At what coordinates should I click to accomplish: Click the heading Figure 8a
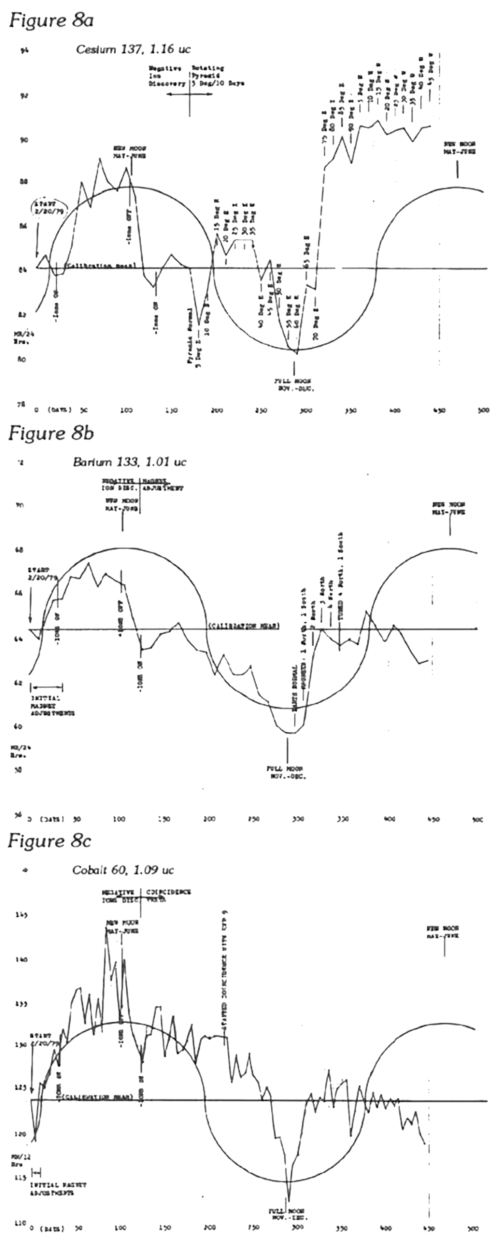tap(51, 20)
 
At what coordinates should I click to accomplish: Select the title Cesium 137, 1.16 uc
tap(133, 49)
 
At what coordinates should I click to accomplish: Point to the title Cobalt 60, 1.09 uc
tap(123, 870)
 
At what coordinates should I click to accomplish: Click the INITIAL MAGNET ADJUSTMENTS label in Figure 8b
tap(53, 705)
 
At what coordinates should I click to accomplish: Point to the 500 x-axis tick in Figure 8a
tap(483, 411)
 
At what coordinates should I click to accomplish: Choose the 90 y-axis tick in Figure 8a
tap(23, 140)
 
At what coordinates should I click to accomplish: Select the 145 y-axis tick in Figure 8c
tap(22, 914)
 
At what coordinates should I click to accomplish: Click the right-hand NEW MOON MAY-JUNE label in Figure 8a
tap(459, 148)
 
